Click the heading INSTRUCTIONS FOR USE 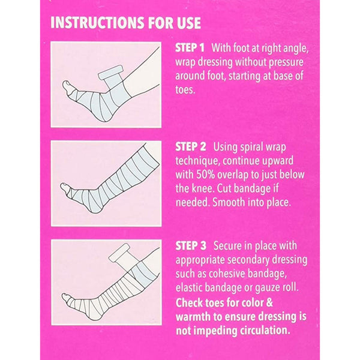[x=125, y=23]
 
